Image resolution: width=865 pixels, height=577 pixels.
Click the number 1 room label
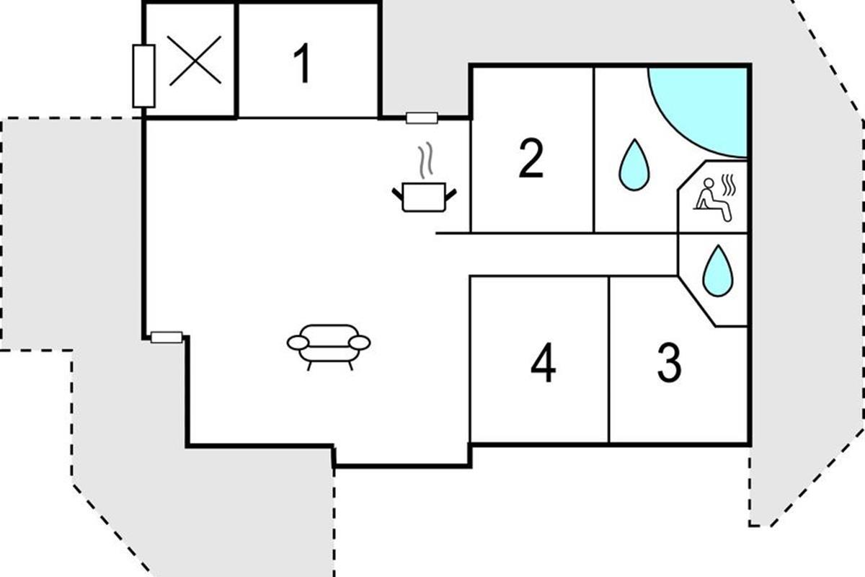(303, 63)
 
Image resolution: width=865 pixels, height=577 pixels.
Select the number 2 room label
(531, 160)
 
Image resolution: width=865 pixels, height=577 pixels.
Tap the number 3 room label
(669, 364)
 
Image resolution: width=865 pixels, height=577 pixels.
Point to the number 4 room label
(543, 364)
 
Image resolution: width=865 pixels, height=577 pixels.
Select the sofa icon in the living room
(329, 345)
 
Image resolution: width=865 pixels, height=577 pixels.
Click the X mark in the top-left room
(195, 61)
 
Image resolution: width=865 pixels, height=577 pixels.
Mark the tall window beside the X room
(143, 76)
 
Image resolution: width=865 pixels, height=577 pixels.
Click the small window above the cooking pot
(422, 118)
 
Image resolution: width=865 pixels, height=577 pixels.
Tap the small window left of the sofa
(167, 337)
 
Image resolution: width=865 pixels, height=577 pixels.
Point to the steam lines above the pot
(427, 160)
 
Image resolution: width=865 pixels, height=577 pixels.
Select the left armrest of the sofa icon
(296, 342)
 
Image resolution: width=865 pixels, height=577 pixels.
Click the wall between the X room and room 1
(236, 61)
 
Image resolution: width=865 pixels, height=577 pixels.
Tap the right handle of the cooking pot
(451, 193)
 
